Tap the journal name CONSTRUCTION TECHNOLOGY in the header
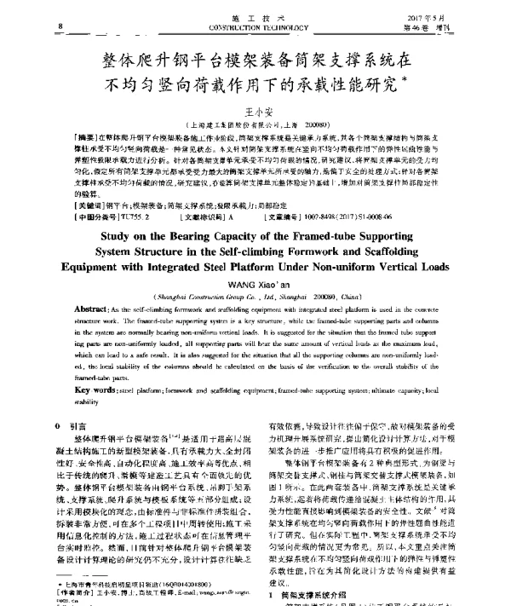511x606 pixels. pos(255,27)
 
